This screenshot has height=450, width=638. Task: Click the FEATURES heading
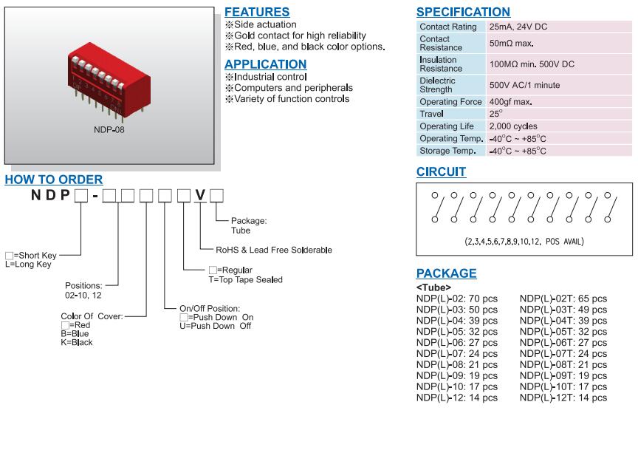[256, 12]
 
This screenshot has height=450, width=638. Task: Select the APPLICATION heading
[265, 64]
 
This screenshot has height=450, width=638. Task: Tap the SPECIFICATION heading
[463, 12]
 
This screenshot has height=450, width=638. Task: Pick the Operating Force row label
[450, 102]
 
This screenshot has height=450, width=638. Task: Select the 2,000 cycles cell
[513, 126]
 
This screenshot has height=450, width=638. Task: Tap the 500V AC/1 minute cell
[525, 86]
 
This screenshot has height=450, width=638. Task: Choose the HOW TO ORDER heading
[54, 180]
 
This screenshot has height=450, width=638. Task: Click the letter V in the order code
[199, 196]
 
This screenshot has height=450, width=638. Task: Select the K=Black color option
[77, 341]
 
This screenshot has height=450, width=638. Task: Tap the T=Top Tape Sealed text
[245, 279]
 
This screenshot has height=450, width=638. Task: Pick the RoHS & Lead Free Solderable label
[273, 250]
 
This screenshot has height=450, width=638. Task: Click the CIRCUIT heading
[441, 172]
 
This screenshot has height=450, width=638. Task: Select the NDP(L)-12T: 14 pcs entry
[563, 398]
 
